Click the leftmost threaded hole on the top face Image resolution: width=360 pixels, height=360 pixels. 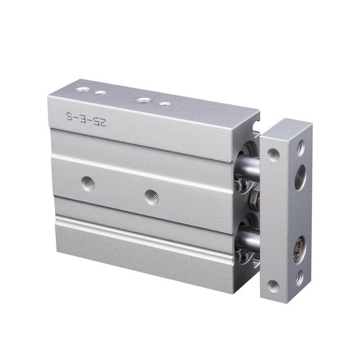[x=82, y=90]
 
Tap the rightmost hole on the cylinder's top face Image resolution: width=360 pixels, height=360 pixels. [x=166, y=104]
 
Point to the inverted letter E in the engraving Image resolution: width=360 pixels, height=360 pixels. [x=85, y=119]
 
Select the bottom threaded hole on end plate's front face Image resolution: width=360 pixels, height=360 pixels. [x=273, y=285]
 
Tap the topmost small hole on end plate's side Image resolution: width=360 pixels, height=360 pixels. [x=300, y=148]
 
